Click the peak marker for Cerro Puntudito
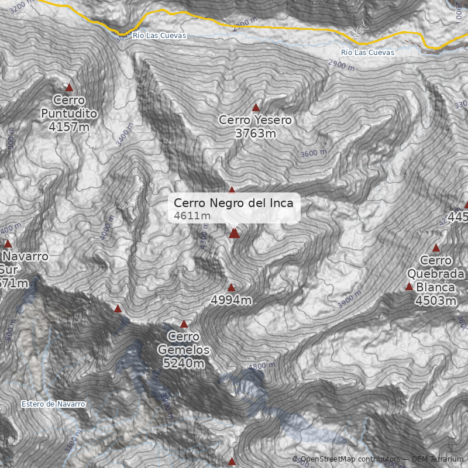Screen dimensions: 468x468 (70, 88)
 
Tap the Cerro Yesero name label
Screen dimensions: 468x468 (255, 120)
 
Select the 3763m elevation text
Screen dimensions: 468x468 (255, 133)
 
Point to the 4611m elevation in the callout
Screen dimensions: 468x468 (192, 216)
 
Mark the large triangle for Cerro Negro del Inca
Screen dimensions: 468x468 (234, 233)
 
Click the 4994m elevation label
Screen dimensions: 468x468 (231, 301)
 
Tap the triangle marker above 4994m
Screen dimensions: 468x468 (231, 287)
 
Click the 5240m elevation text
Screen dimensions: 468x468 (184, 364)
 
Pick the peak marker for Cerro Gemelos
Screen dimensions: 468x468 (184, 324)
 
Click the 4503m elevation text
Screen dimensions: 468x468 (435, 301)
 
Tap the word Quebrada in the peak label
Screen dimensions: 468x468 (431, 274)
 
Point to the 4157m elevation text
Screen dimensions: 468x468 (69, 126)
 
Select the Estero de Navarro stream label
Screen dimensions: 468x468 (53, 404)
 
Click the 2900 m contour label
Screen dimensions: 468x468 (341, 66)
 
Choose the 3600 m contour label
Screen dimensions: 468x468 (313, 154)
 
